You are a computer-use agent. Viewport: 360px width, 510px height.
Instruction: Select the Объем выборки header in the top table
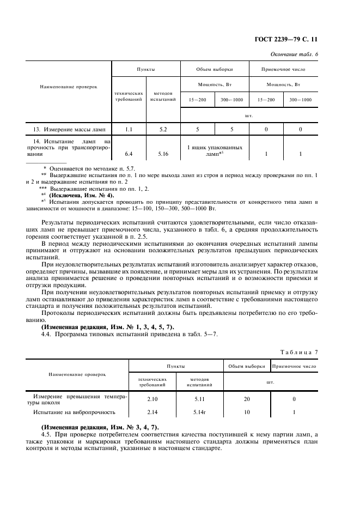tap(215, 70)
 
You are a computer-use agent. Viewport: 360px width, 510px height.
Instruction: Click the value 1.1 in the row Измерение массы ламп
tap(129, 129)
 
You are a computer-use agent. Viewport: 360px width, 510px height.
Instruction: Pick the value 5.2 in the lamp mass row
tap(162, 129)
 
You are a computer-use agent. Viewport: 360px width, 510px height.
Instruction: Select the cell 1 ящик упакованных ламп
tap(215, 151)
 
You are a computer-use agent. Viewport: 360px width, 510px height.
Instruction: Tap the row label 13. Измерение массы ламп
tap(69, 129)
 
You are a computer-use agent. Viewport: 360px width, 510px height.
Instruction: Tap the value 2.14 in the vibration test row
tap(152, 412)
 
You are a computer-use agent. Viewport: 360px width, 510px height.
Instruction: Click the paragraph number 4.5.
tap(47, 434)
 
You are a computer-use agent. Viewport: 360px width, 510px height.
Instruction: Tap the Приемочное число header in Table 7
tap(294, 366)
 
